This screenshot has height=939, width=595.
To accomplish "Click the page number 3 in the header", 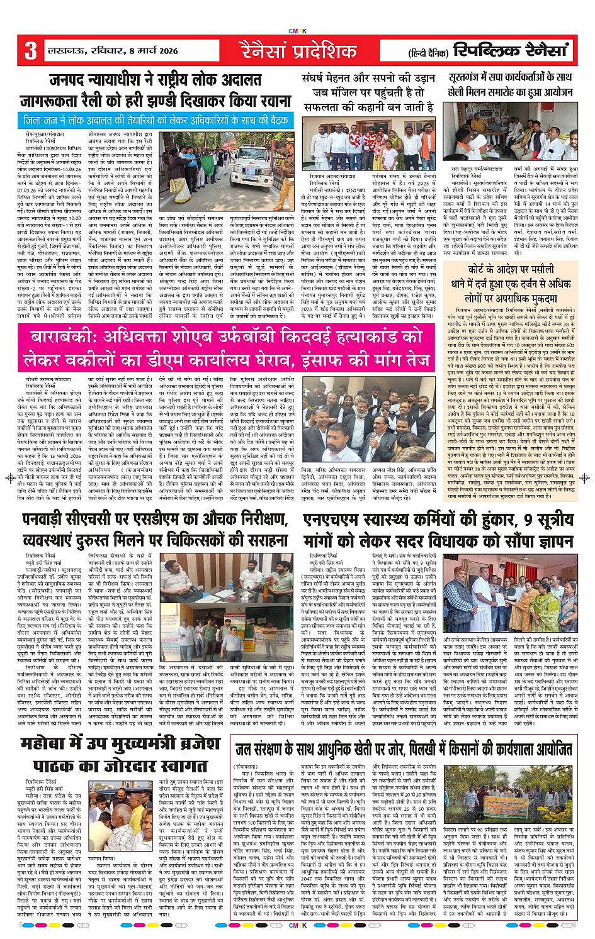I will point(31,50).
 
